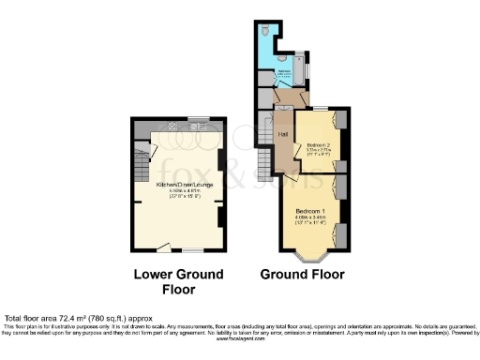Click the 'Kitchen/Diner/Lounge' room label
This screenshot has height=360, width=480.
tap(177, 184)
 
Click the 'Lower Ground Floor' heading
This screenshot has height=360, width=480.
tap(178, 281)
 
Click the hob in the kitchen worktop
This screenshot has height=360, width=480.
tap(172, 127)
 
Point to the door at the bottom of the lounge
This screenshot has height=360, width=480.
tap(163, 247)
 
